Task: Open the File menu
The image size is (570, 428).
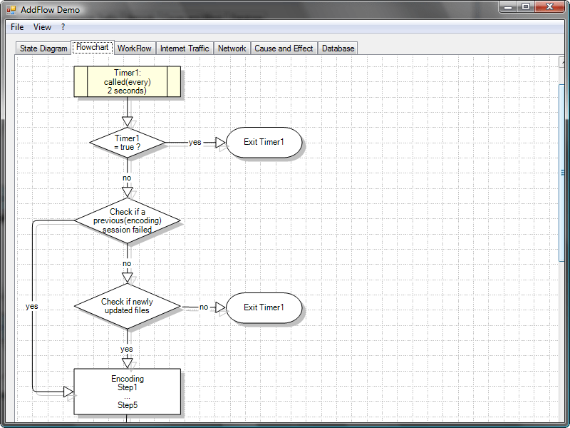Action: (x=17, y=27)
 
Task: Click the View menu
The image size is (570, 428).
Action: (x=42, y=27)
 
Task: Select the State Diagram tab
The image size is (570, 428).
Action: (x=43, y=49)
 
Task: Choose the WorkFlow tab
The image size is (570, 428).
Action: (x=134, y=49)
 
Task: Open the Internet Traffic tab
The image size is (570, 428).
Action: (x=185, y=49)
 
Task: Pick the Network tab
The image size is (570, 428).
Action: (x=232, y=49)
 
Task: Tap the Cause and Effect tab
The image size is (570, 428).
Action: (x=284, y=49)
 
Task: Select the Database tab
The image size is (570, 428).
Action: (x=338, y=49)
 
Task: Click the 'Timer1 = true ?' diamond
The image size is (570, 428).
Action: (x=127, y=142)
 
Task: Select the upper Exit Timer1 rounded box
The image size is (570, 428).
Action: (x=264, y=142)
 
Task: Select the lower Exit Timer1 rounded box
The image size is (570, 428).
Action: (x=264, y=307)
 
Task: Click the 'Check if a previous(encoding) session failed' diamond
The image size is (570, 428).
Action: (x=127, y=221)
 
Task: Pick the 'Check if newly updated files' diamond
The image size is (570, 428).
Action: (x=127, y=306)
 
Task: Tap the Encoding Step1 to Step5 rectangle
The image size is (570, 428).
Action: (x=127, y=392)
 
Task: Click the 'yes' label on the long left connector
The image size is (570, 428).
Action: (x=32, y=306)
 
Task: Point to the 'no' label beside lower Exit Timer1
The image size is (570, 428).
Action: (x=204, y=307)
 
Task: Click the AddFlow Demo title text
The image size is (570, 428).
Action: (x=50, y=10)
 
